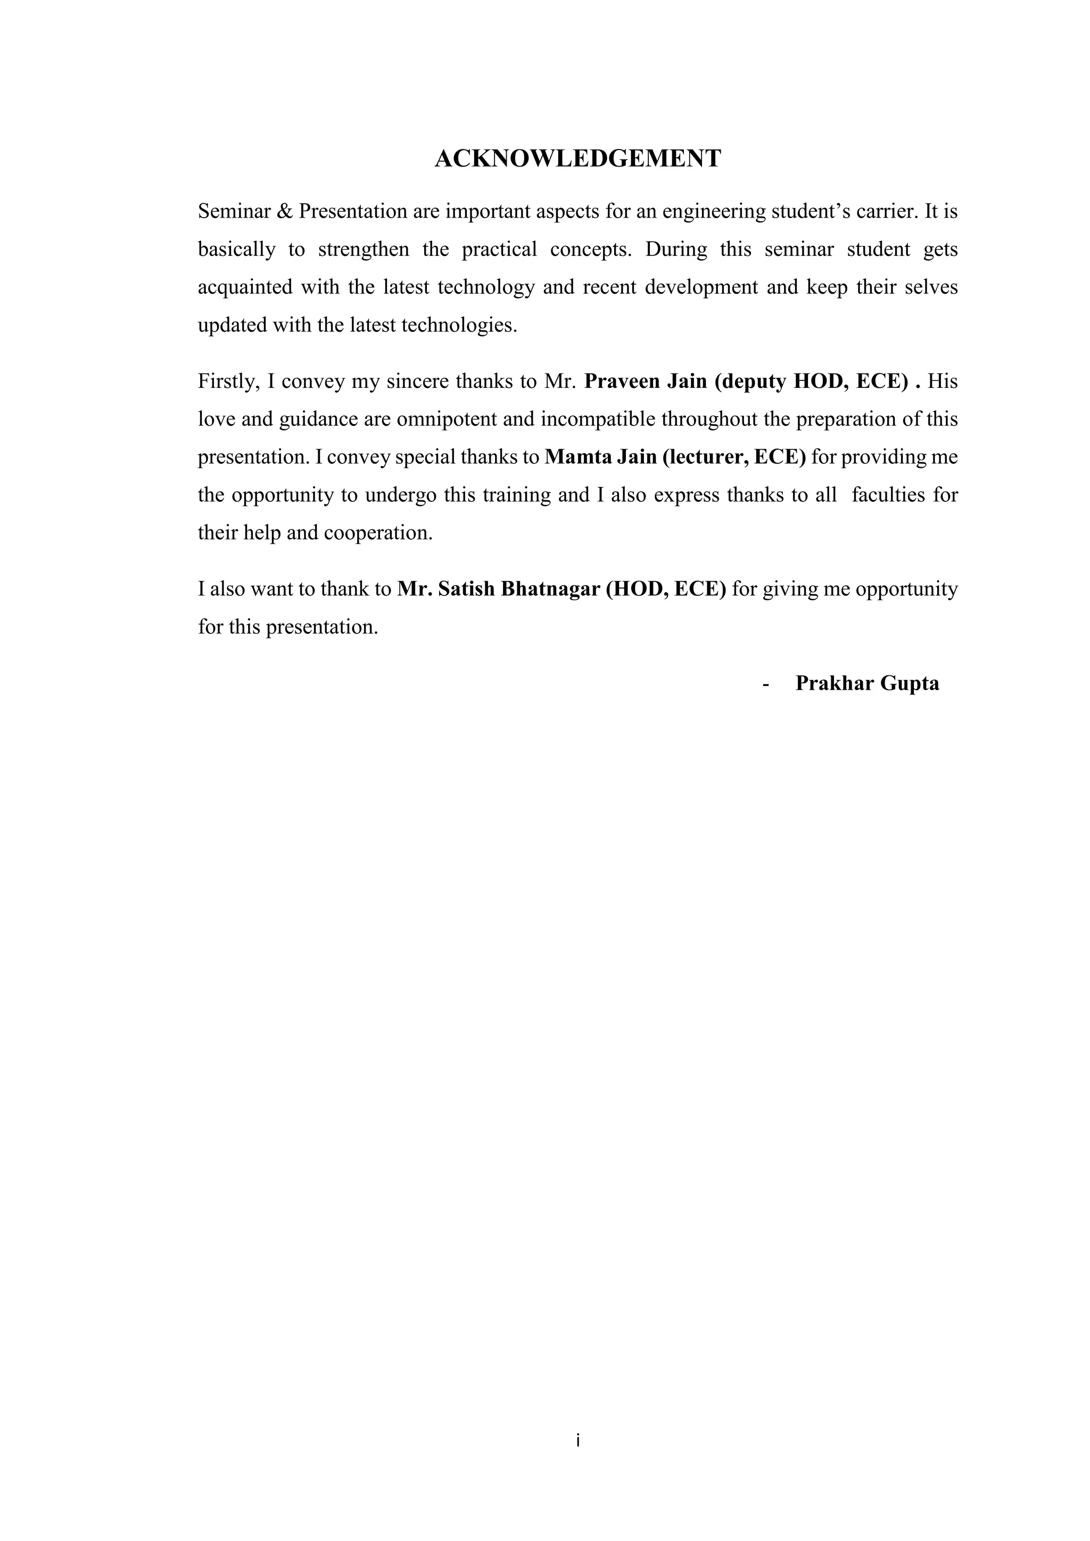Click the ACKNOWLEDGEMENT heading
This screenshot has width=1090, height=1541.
(578, 159)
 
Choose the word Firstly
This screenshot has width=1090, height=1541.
(228, 382)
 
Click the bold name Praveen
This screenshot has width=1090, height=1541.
(622, 382)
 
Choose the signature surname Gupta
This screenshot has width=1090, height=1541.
(910, 683)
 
